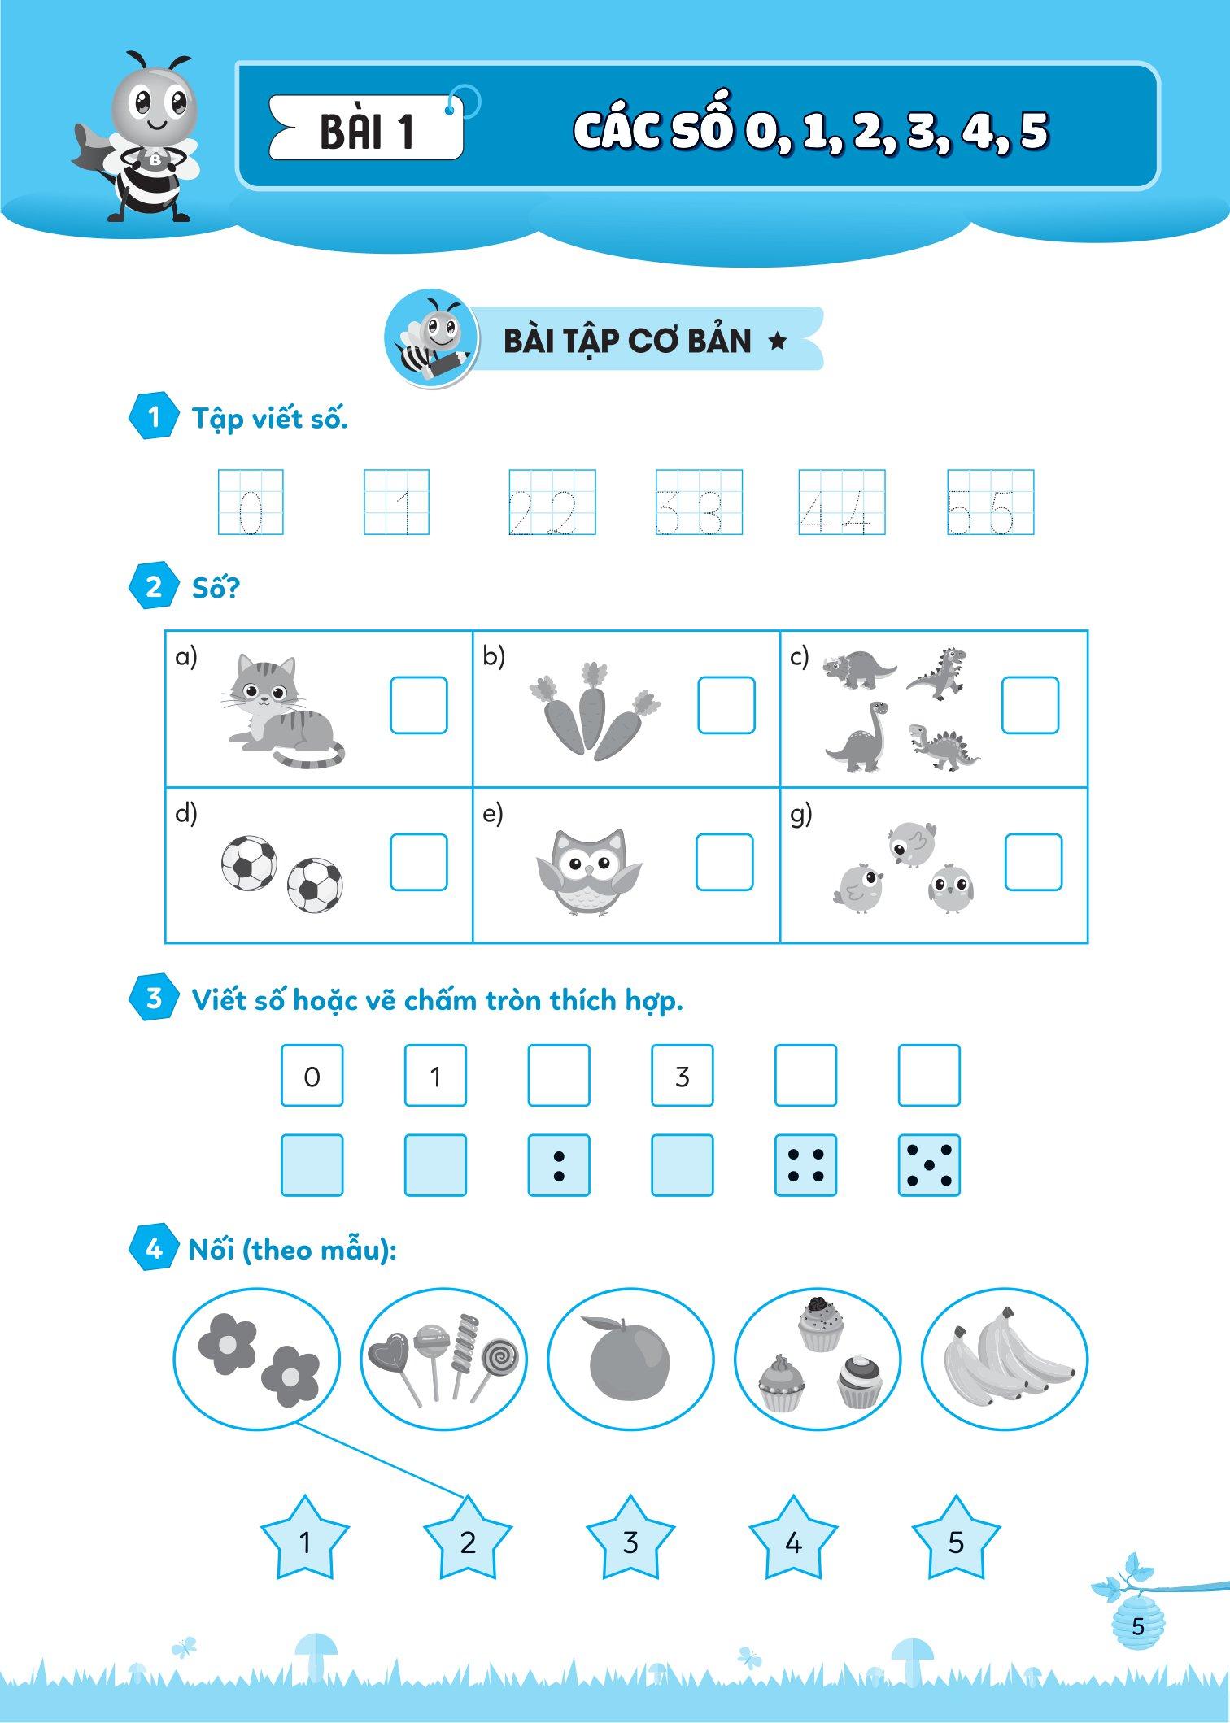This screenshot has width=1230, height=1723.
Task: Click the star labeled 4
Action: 793,1540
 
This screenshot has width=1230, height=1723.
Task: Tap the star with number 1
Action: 305,1540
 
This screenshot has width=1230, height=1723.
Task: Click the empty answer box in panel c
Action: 1030,705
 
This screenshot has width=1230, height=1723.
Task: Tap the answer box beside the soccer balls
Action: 418,862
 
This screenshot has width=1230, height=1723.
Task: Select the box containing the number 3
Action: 683,1076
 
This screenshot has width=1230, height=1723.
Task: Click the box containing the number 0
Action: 312,1076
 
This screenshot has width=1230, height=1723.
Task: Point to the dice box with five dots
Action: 929,1165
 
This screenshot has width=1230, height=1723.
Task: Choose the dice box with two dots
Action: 559,1165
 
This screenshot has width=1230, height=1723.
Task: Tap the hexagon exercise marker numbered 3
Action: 154,998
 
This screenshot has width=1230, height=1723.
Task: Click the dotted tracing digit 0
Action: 251,512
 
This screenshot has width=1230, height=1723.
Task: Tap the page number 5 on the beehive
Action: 1138,1626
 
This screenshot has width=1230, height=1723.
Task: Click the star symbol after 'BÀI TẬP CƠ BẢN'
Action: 778,342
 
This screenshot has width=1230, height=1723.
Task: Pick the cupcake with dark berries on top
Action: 821,1324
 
